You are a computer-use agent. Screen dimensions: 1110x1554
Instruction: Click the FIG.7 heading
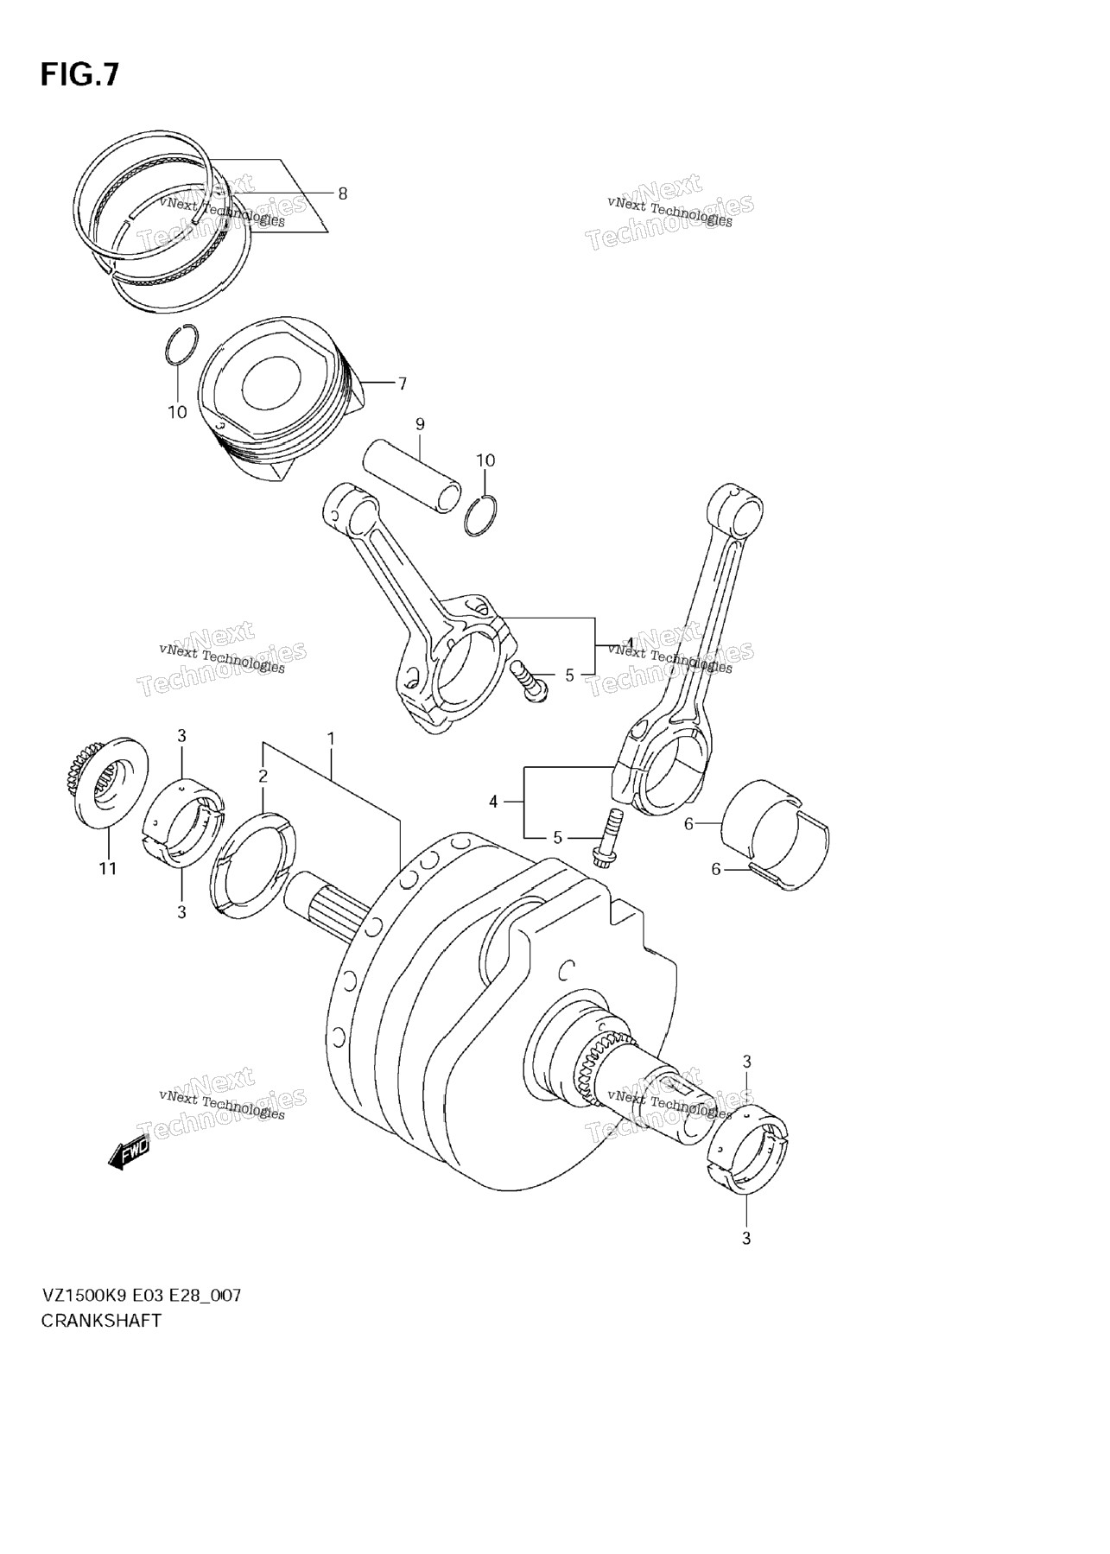point(79,75)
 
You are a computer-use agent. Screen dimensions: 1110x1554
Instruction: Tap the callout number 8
point(342,194)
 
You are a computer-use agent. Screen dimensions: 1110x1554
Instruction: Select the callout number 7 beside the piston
point(402,384)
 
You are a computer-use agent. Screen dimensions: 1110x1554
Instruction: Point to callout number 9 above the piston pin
point(420,424)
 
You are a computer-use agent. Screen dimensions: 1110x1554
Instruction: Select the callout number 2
point(263,776)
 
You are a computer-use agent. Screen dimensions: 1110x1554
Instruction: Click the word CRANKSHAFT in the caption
point(101,1345)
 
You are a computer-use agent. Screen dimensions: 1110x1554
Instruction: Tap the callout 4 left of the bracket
point(493,802)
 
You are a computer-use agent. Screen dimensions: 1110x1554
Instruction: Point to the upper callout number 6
point(688,824)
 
